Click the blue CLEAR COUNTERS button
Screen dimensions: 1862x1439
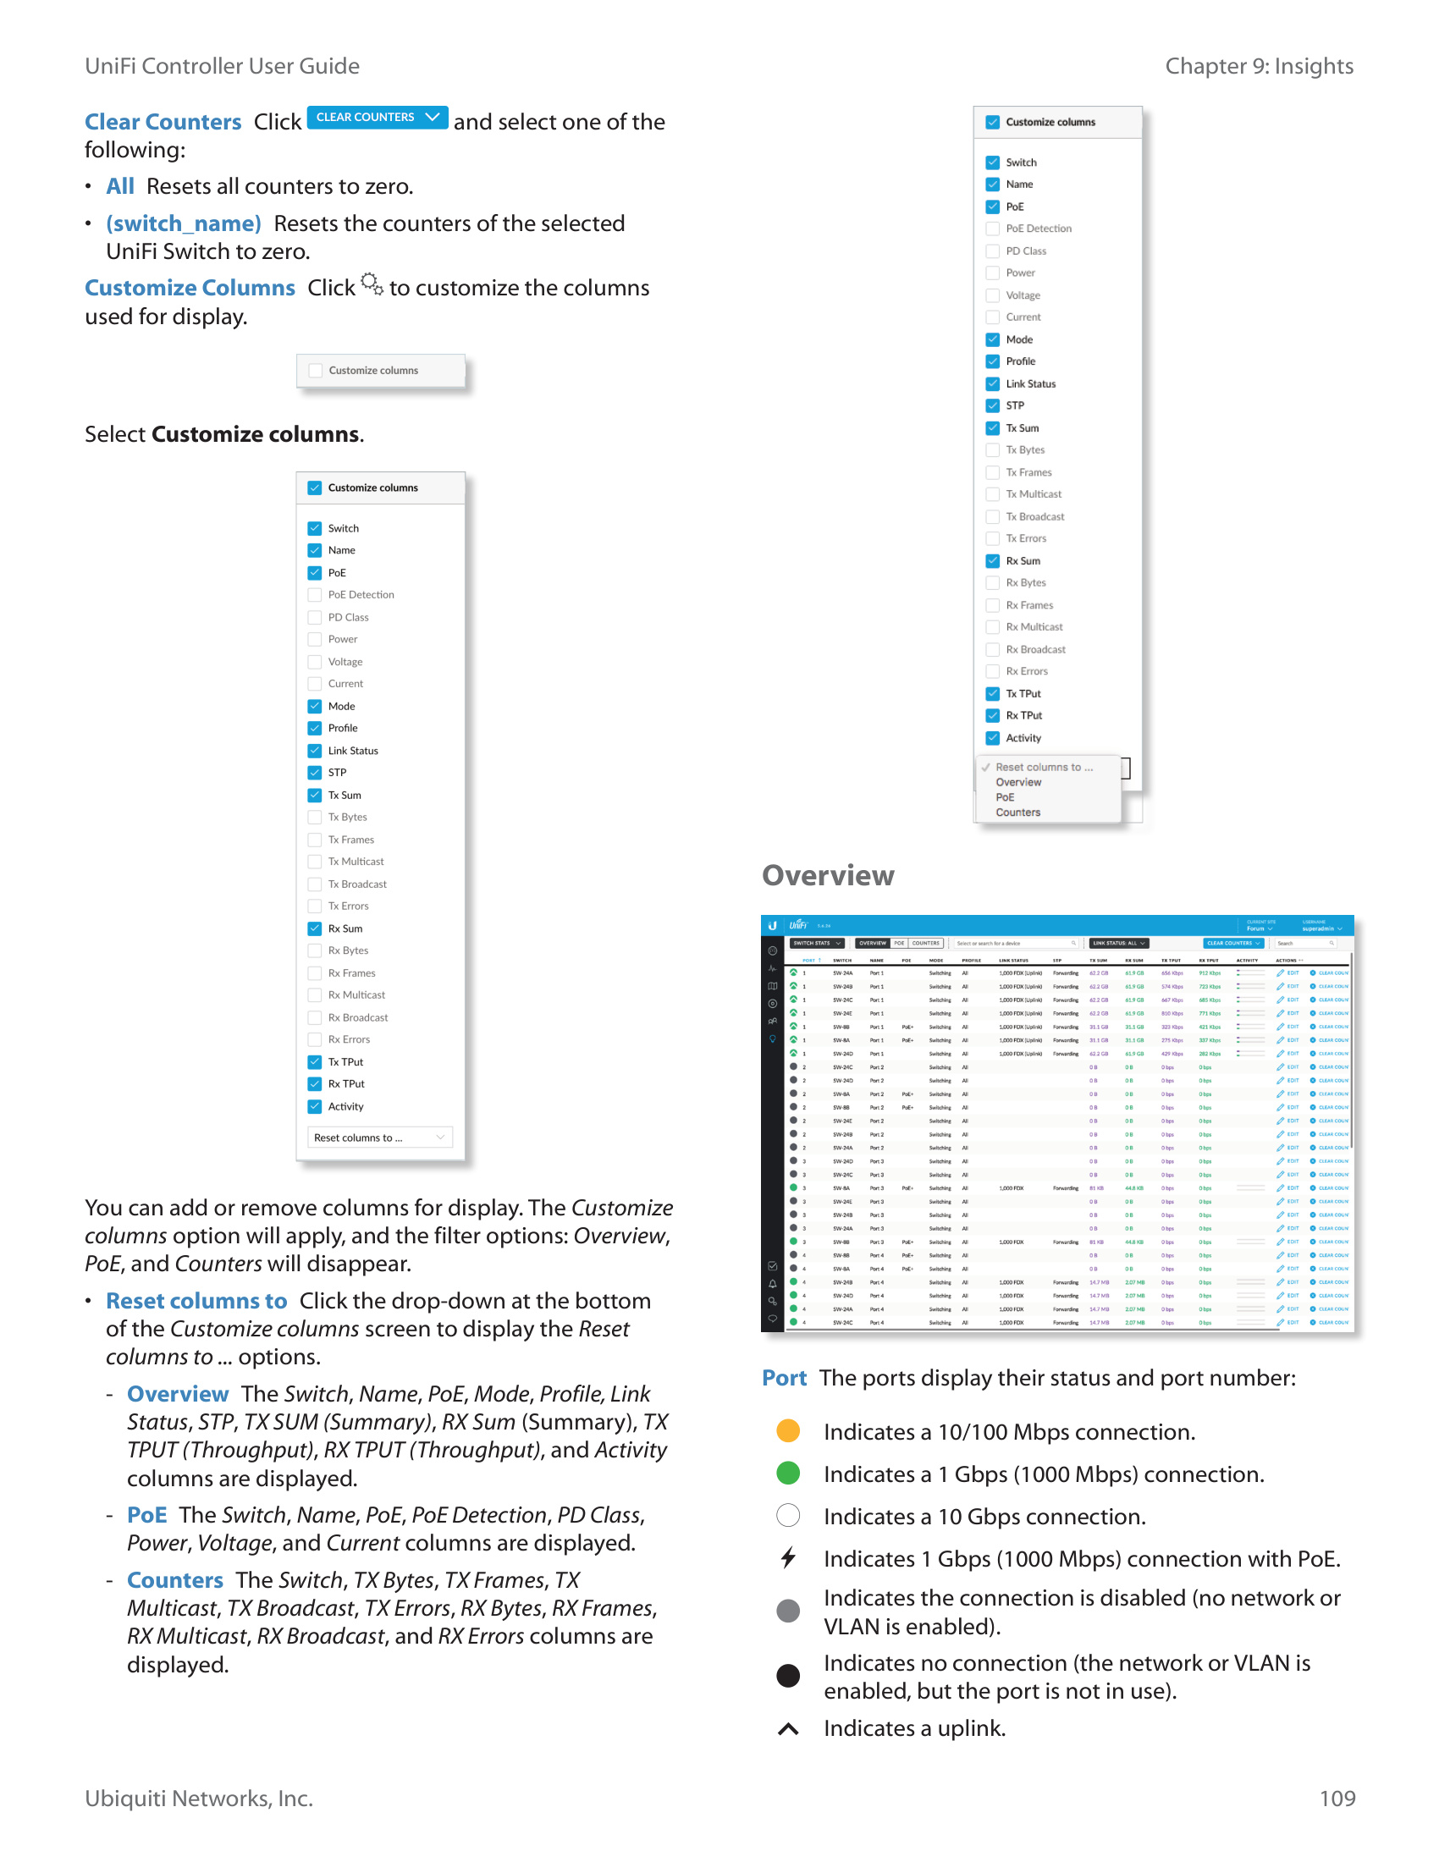(x=377, y=118)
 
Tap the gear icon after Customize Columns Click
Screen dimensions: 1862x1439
(x=372, y=284)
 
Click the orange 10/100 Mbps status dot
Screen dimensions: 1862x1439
(x=788, y=1430)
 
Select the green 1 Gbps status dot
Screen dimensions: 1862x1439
(x=788, y=1473)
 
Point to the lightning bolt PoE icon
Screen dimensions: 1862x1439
(x=788, y=1557)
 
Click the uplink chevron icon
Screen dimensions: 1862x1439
(x=788, y=1728)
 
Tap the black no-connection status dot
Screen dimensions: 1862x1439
(x=788, y=1675)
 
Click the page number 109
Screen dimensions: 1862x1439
(x=1336, y=1798)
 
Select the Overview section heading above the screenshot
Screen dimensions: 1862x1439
(x=827, y=876)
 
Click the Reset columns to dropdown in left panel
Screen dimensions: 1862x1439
(x=379, y=1138)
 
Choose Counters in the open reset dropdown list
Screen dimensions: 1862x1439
(x=1017, y=813)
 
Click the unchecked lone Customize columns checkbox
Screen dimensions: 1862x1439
(x=316, y=371)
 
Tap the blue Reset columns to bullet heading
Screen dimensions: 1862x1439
(x=196, y=1301)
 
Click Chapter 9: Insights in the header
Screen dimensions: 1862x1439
(x=1258, y=67)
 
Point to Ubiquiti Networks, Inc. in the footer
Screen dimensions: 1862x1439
(x=199, y=1798)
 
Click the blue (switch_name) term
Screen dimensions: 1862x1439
(x=184, y=223)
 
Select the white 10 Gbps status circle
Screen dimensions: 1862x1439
(x=788, y=1515)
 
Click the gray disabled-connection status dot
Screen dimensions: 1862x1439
(x=788, y=1611)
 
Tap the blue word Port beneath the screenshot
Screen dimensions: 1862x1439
(x=784, y=1378)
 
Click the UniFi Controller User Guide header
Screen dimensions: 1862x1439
(x=222, y=67)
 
